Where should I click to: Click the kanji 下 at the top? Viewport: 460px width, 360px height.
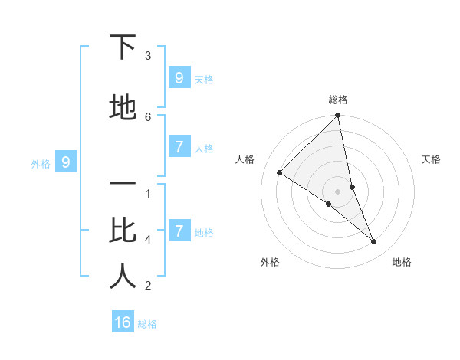click(123, 47)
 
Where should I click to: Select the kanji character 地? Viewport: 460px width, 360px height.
click(123, 108)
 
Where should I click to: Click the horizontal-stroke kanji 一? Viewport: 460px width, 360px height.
click(123, 185)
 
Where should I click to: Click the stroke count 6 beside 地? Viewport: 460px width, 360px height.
click(148, 116)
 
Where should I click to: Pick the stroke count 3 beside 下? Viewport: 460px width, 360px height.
click(148, 55)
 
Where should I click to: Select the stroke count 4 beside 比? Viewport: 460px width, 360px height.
click(148, 239)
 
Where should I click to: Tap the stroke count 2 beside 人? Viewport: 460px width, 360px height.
click(148, 286)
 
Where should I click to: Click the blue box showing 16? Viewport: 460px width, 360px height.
click(123, 322)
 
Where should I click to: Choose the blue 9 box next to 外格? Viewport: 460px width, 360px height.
click(66, 162)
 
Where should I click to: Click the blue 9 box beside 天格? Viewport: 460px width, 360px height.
click(179, 77)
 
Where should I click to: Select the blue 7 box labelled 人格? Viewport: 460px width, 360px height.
click(179, 146)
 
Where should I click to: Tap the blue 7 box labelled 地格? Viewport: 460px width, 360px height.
click(179, 231)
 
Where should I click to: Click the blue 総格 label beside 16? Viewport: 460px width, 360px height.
click(147, 324)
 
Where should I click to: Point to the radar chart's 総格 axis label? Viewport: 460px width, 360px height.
click(338, 100)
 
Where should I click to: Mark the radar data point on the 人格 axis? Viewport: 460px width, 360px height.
click(279, 173)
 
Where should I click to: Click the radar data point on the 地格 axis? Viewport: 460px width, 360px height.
click(374, 242)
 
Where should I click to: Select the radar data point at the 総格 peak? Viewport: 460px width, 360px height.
click(338, 116)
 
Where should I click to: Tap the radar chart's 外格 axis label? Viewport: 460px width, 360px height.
click(270, 262)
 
